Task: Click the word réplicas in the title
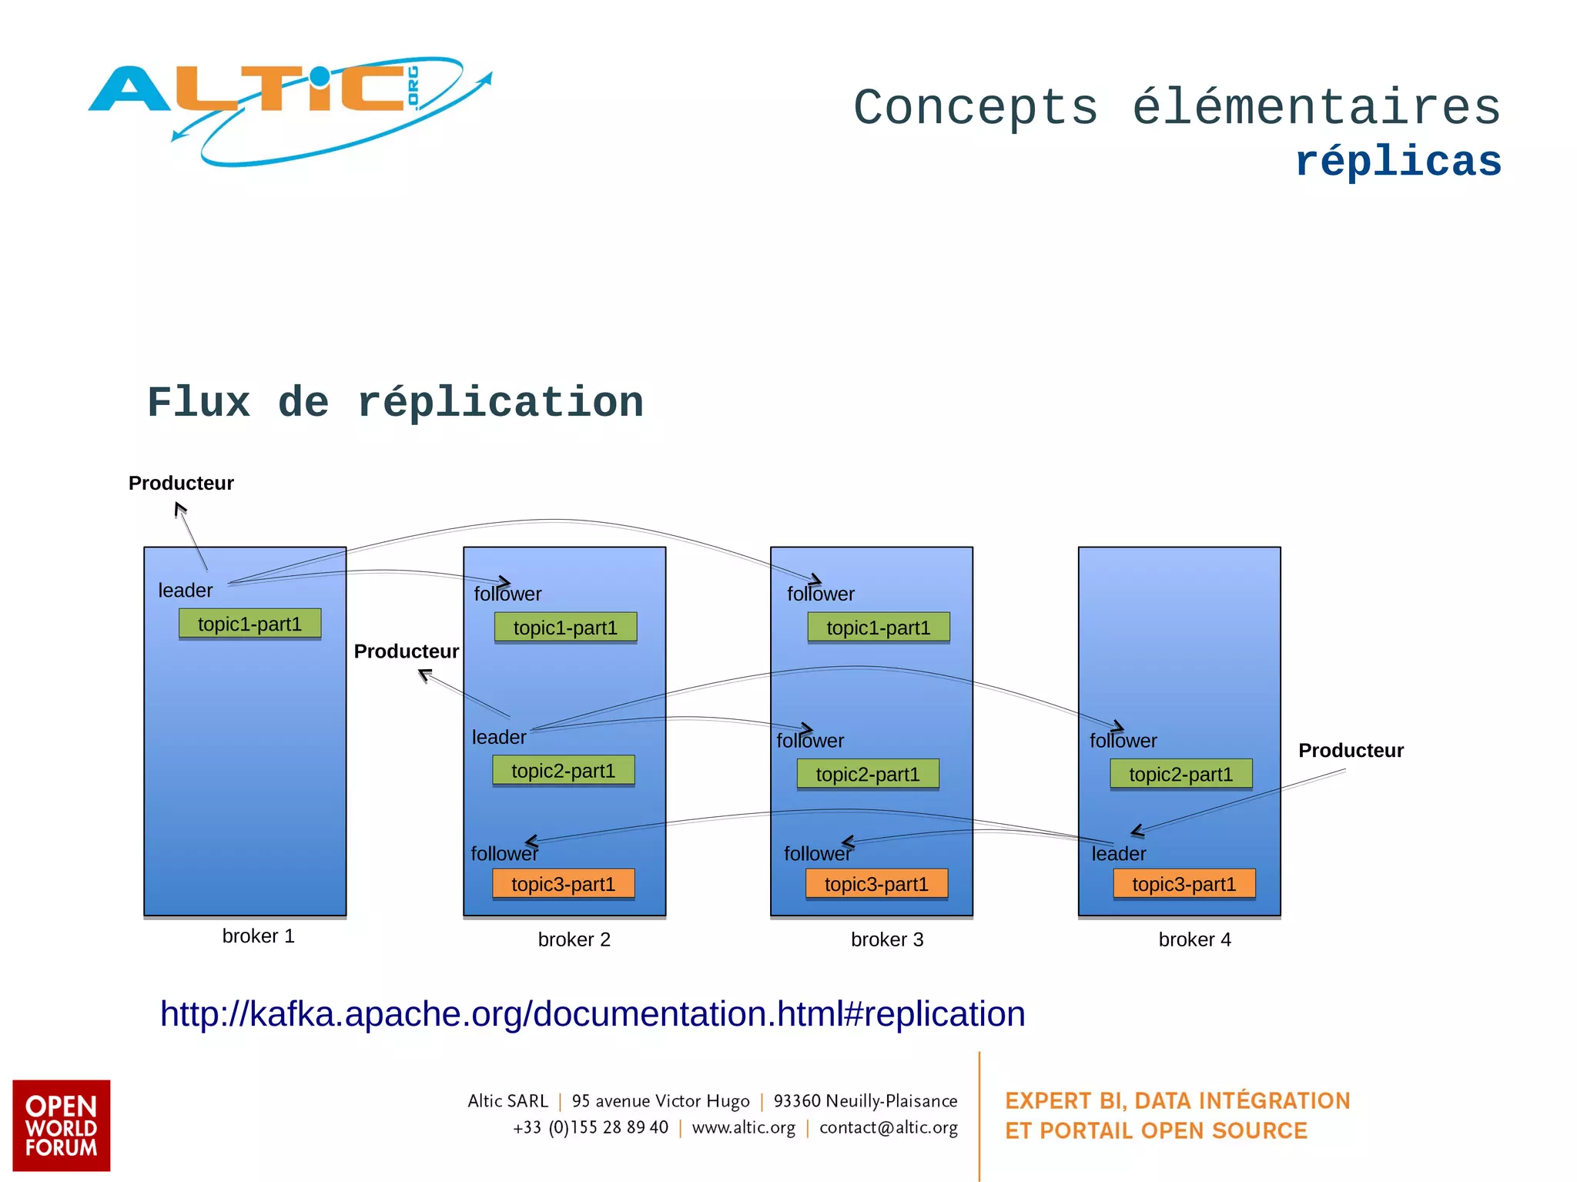click(x=1398, y=162)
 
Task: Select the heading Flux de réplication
click(x=395, y=403)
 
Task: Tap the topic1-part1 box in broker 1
click(x=249, y=624)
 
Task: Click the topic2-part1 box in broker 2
click(x=563, y=771)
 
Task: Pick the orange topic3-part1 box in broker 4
click(x=1184, y=884)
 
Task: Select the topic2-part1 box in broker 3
click(x=867, y=775)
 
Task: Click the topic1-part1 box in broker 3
click(x=878, y=628)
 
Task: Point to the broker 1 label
click(x=258, y=936)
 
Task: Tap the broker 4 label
click(x=1194, y=939)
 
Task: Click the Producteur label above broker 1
click(x=181, y=483)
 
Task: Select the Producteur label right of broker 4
click(x=1351, y=750)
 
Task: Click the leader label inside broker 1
click(x=185, y=591)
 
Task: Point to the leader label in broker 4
click(x=1118, y=854)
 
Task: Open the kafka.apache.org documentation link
click(x=592, y=1013)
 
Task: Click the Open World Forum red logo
click(x=61, y=1125)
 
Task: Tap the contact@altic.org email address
click(x=888, y=1127)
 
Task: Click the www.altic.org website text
click(x=743, y=1127)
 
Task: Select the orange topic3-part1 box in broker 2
click(x=563, y=884)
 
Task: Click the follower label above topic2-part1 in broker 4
click(x=1123, y=741)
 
